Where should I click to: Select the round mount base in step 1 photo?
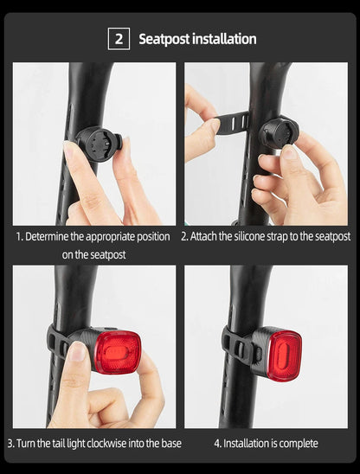pyautogui.click(x=94, y=142)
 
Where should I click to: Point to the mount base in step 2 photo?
pyautogui.click(x=278, y=132)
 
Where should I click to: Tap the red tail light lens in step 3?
pyautogui.click(x=117, y=350)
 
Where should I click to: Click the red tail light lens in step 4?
pyautogui.click(x=283, y=354)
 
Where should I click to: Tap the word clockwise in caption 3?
pyautogui.click(x=111, y=444)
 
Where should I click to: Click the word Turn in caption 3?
pyautogui.click(x=27, y=444)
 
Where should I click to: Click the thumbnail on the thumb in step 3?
pyautogui.click(x=77, y=351)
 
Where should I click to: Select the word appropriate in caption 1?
pyautogui.click(x=103, y=236)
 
